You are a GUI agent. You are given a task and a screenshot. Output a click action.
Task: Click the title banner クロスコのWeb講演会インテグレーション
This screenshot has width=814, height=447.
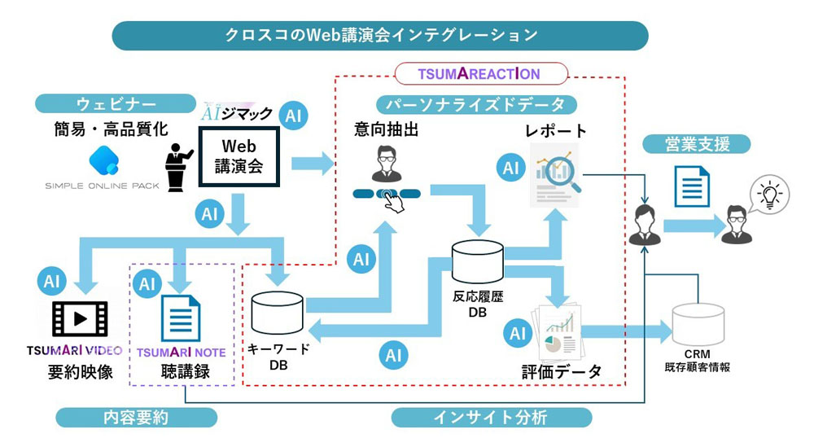click(381, 35)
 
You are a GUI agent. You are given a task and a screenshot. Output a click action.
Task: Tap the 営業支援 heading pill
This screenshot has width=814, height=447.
click(697, 144)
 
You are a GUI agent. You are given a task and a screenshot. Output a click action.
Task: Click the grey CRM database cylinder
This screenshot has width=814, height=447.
click(697, 323)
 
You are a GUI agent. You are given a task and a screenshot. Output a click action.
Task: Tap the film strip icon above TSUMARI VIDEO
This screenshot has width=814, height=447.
click(79, 319)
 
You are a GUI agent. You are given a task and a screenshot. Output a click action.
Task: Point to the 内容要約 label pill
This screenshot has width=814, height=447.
click(137, 418)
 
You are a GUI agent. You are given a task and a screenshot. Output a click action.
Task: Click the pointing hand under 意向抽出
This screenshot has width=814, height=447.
click(395, 201)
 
